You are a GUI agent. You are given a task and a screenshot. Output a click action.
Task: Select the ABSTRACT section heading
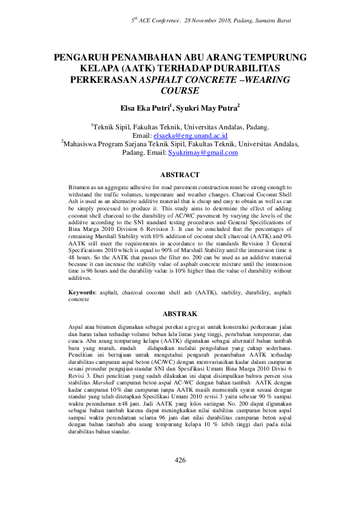pyautogui.click(x=180, y=175)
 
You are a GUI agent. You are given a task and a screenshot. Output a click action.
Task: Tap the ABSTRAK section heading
pyautogui.click(x=180, y=314)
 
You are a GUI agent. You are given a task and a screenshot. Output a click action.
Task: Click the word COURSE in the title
pyautogui.click(x=180, y=91)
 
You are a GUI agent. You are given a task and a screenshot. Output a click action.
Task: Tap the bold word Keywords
pyautogui.click(x=82, y=293)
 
